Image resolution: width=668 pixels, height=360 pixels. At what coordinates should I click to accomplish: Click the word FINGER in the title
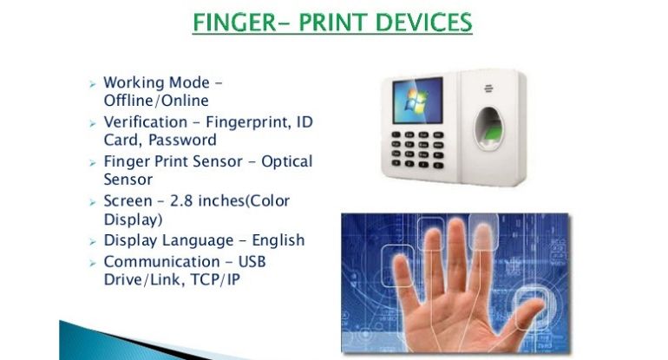pyautogui.click(x=235, y=23)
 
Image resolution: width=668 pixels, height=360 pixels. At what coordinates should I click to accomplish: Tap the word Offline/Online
pyautogui.click(x=156, y=101)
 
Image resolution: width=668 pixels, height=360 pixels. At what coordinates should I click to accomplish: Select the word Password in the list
pyautogui.click(x=182, y=140)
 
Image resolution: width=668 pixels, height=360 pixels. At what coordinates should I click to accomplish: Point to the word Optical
pyautogui.click(x=286, y=161)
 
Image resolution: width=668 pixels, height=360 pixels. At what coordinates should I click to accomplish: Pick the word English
pyautogui.click(x=278, y=240)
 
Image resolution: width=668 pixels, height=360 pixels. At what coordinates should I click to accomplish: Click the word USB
pyautogui.click(x=252, y=261)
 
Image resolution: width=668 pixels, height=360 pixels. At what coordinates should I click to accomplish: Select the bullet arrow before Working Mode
pyautogui.click(x=93, y=84)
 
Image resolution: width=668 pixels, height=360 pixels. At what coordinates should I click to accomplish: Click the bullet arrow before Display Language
pyautogui.click(x=93, y=242)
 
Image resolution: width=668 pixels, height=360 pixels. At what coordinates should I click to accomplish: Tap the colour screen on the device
pyautogui.click(x=417, y=101)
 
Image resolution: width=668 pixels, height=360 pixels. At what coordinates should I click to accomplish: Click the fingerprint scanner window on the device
pyautogui.click(x=488, y=128)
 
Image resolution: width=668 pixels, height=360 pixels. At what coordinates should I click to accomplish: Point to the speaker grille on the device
pyautogui.click(x=488, y=88)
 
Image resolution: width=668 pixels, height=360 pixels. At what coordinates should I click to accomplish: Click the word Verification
pyautogui.click(x=145, y=121)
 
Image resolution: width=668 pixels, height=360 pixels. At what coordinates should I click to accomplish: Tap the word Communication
pyautogui.click(x=162, y=261)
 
